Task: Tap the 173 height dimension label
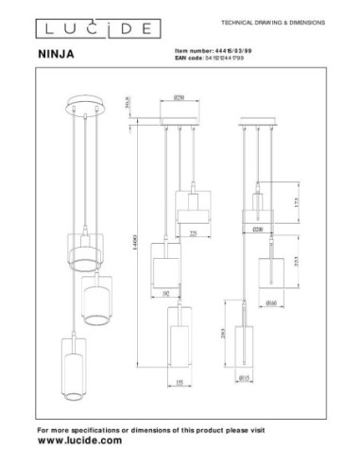(x=295, y=201)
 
